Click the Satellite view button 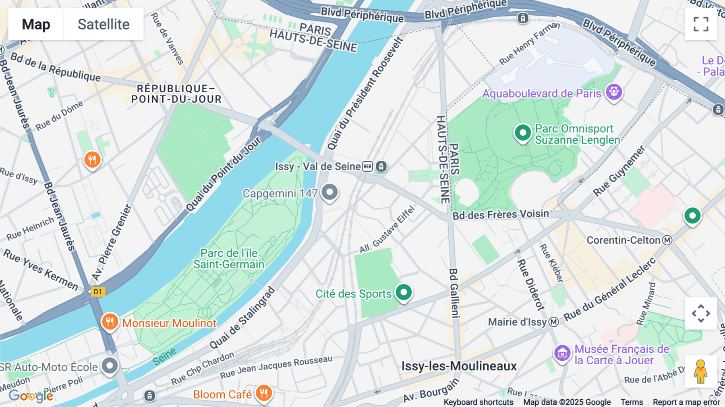click(x=104, y=24)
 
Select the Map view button click(x=36, y=24)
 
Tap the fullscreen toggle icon click(x=701, y=24)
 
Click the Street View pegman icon click(x=700, y=372)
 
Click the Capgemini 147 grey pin click(x=329, y=192)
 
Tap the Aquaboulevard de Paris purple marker click(x=614, y=92)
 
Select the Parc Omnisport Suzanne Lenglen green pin click(x=523, y=133)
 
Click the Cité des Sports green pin click(x=404, y=292)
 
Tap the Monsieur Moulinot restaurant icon click(x=110, y=322)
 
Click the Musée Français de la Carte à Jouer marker click(x=562, y=353)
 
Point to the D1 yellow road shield click(x=98, y=292)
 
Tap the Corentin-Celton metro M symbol click(x=667, y=241)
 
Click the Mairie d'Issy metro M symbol click(x=554, y=322)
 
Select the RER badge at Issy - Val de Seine click(x=367, y=166)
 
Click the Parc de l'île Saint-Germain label click(x=229, y=259)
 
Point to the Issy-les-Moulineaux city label click(x=459, y=366)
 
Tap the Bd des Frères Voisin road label click(x=501, y=214)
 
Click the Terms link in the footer click(x=632, y=402)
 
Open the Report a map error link click(x=686, y=402)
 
